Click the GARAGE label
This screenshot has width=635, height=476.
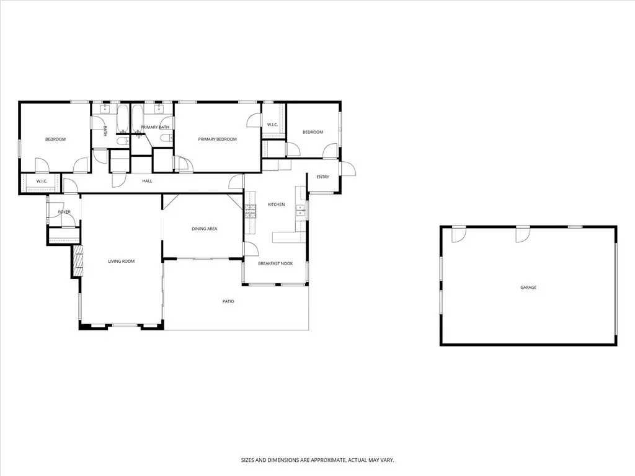528,288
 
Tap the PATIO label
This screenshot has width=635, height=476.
228,302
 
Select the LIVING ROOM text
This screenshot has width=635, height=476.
121,262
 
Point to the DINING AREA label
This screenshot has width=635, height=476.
205,229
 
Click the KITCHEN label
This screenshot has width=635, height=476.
276,205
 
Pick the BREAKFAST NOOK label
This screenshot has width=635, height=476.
275,263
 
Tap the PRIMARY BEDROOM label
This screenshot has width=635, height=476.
218,139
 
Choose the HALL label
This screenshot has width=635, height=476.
147,181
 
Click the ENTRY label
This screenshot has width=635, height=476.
322,177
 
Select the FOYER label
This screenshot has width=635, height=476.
64,212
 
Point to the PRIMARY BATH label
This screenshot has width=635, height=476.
154,127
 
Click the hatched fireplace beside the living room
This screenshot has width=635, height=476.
78,261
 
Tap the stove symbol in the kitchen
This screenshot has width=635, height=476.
251,211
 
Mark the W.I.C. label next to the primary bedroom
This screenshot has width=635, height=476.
273,125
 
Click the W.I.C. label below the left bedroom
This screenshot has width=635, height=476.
42,182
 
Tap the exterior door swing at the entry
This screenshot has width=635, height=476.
349,169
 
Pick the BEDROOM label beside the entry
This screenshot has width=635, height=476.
313,133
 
